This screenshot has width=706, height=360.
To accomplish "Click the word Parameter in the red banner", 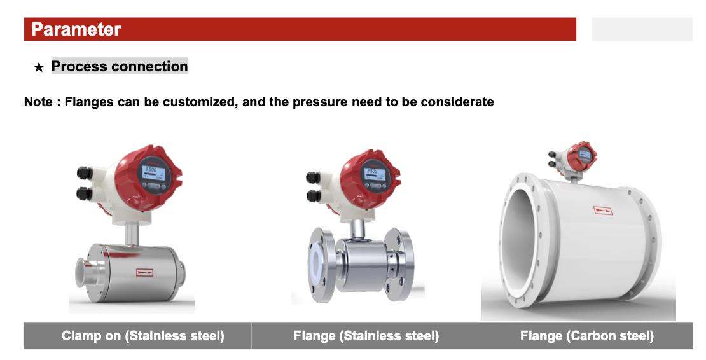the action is tap(76, 29).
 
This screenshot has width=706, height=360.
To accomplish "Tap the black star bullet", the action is tap(39, 67).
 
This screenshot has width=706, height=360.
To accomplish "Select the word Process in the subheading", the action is tap(80, 66).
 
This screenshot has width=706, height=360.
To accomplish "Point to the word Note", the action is tap(38, 102).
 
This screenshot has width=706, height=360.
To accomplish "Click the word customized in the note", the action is tap(200, 102).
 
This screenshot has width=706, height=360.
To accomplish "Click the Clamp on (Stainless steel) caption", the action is tap(142, 336).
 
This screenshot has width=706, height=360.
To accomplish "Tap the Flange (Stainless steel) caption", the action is tap(366, 336).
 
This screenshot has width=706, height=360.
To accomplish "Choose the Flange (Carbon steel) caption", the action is tap(587, 336).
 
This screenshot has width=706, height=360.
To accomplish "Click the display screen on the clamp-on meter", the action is tap(150, 172).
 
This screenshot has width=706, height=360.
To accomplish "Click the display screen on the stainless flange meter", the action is tap(372, 172).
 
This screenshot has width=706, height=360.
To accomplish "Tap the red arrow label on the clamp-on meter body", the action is tap(144, 272).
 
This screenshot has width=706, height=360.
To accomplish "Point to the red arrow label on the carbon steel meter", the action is tap(603, 210).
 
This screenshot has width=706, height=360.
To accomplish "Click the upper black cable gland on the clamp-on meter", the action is tap(85, 173).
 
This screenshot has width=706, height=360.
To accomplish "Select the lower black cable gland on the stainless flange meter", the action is tap(314, 196).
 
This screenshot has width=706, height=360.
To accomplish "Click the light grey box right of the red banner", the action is tap(642, 29).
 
